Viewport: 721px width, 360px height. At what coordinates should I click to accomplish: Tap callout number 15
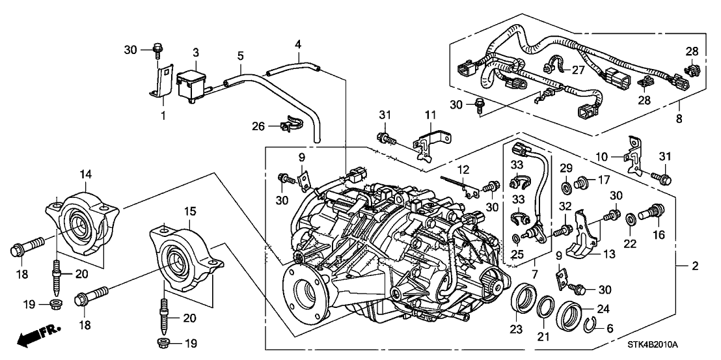pyautogui.click(x=189, y=212)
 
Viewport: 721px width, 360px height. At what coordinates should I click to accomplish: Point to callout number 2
pyautogui.click(x=694, y=266)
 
